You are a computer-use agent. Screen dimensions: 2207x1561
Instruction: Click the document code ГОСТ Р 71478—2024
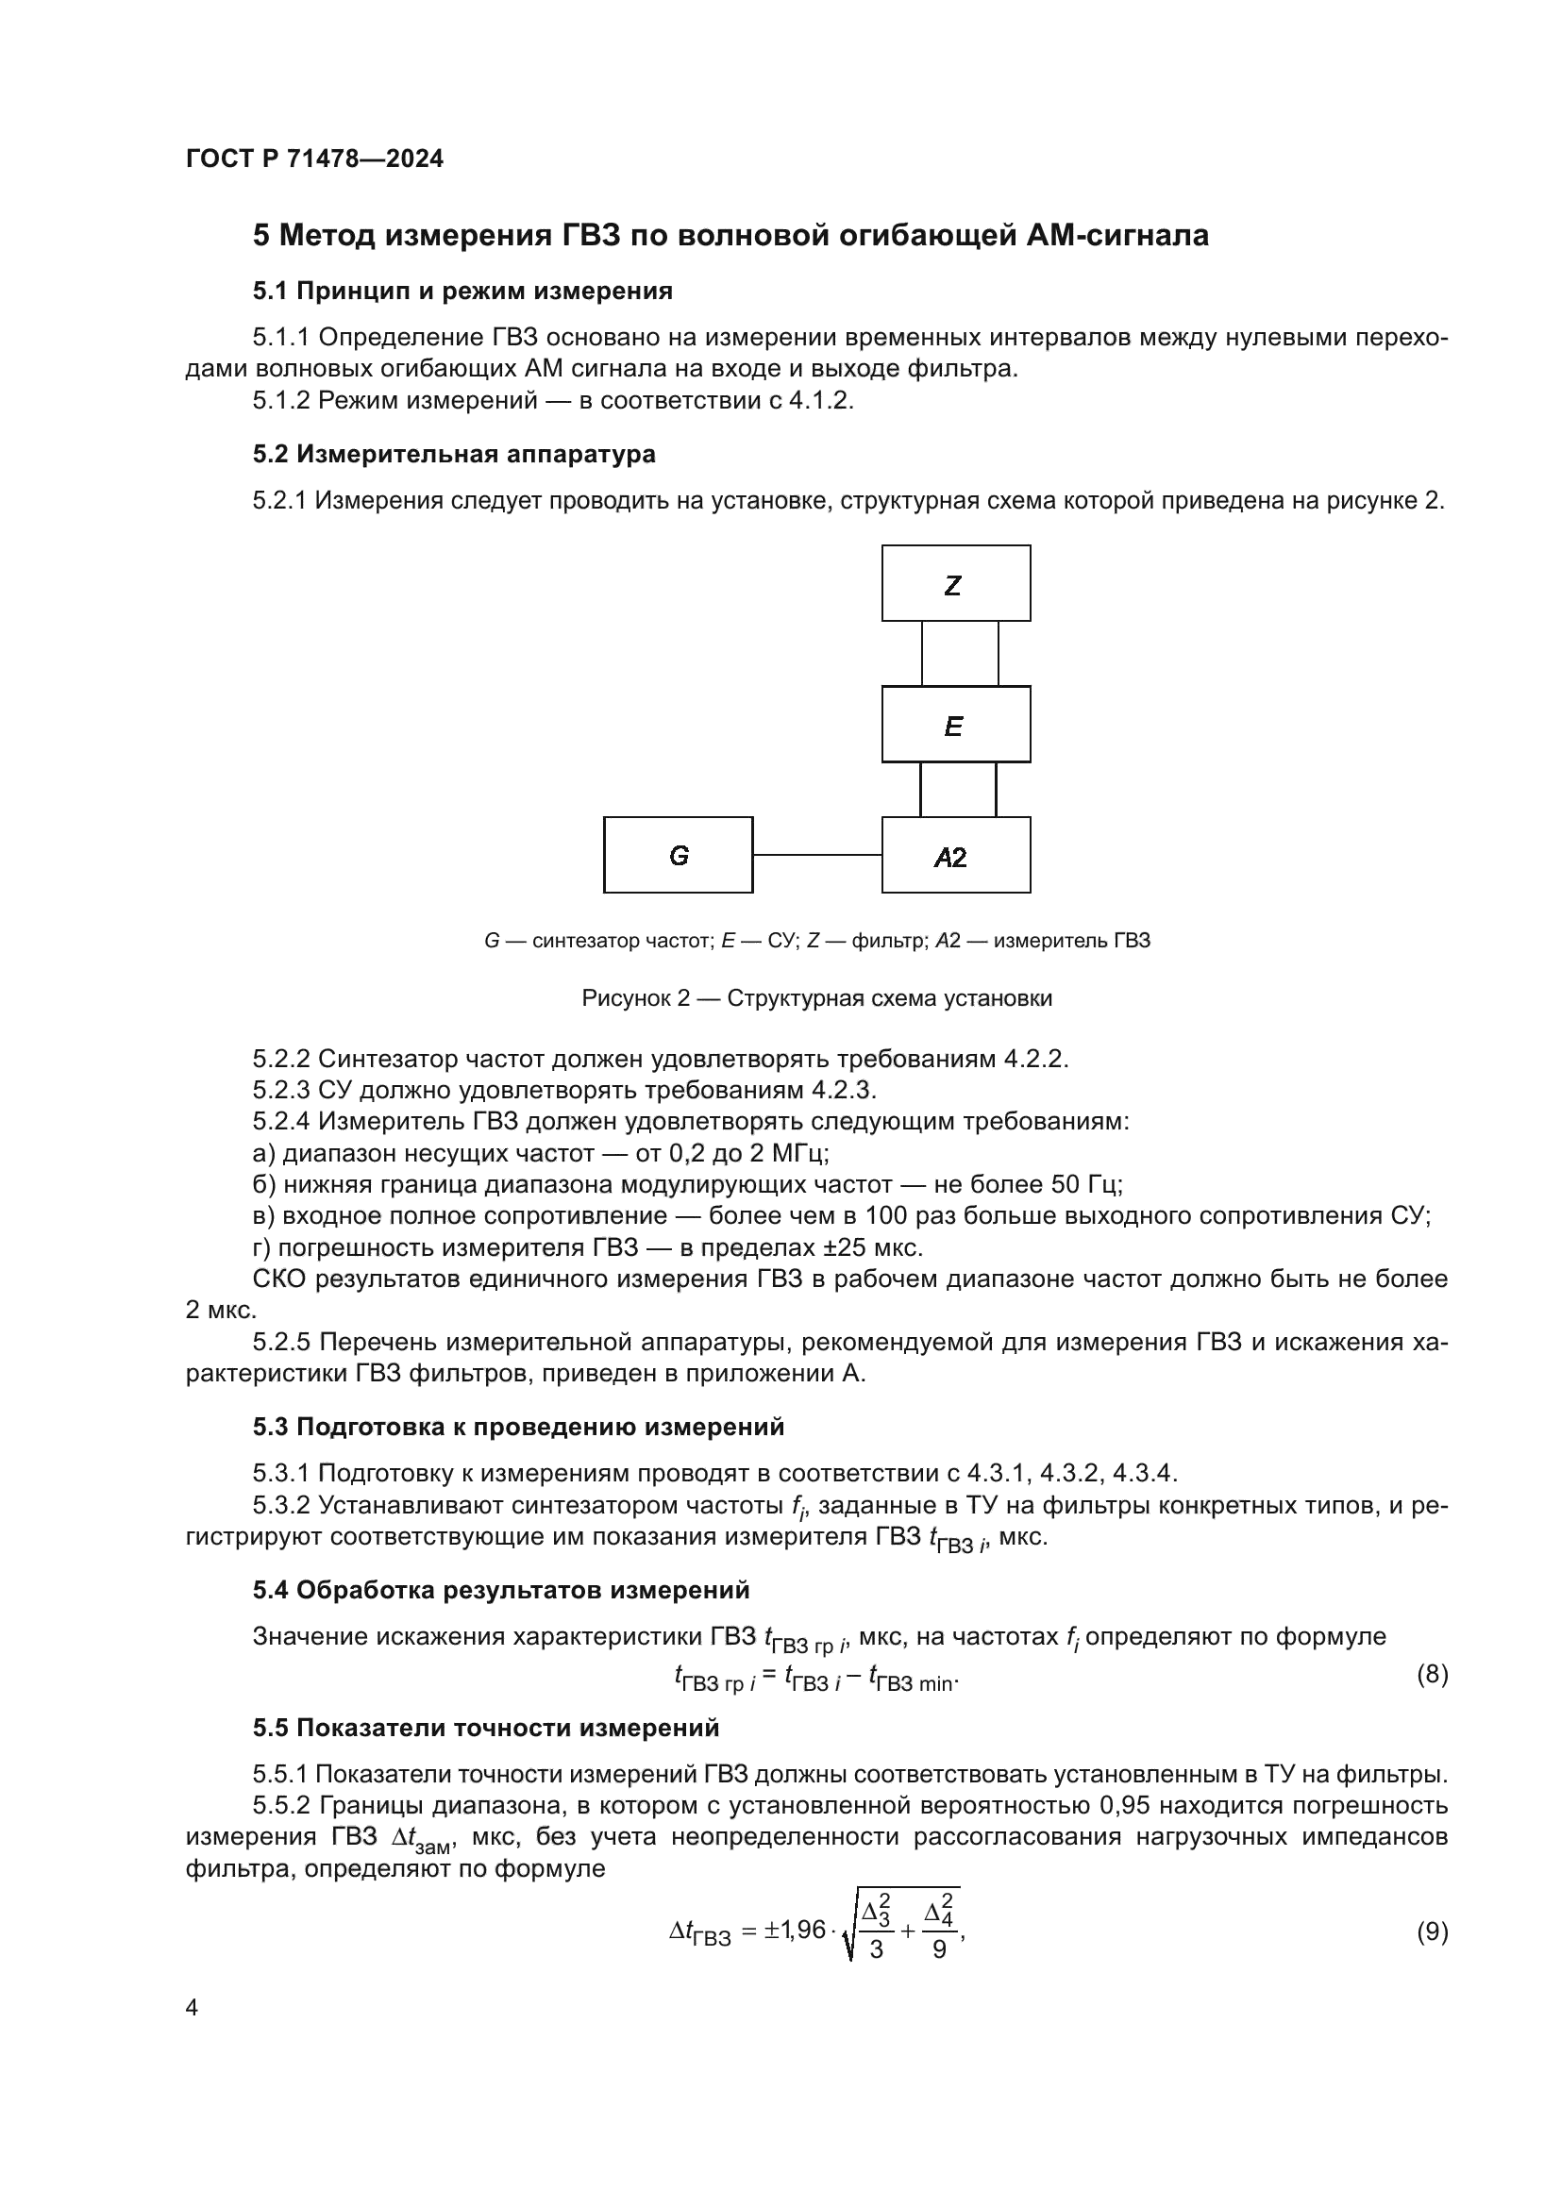coord(314,159)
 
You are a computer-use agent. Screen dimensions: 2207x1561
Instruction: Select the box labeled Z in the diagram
coord(955,583)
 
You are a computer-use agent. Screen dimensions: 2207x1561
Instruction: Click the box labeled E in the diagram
coord(955,724)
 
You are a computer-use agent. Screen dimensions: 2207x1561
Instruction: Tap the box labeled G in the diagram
coord(678,855)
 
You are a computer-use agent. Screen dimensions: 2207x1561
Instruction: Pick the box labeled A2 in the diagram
coord(955,855)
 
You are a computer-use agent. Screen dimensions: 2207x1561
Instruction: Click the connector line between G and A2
coord(817,854)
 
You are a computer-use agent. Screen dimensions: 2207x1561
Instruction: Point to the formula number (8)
coord(1433,1675)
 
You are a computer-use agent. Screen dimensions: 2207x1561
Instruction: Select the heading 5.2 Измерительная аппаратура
coord(454,454)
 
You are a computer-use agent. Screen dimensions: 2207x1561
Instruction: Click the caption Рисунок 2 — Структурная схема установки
coord(816,997)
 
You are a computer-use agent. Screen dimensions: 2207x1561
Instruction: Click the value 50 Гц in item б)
coord(1090,1184)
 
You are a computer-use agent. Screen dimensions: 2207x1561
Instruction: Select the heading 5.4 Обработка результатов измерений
coord(501,1590)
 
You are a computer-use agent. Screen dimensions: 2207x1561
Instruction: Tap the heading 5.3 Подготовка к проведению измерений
coord(518,1427)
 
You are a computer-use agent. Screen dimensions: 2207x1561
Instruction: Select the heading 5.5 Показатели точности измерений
coord(485,1728)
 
